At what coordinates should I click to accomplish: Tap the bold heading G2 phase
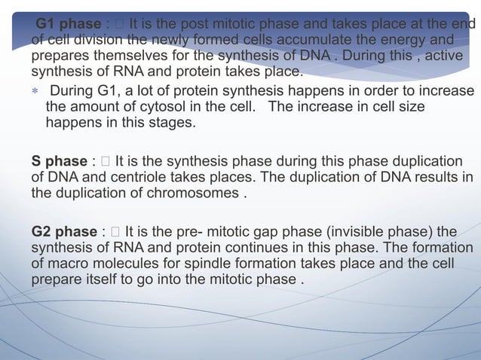63,231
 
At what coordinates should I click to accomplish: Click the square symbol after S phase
104,161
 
